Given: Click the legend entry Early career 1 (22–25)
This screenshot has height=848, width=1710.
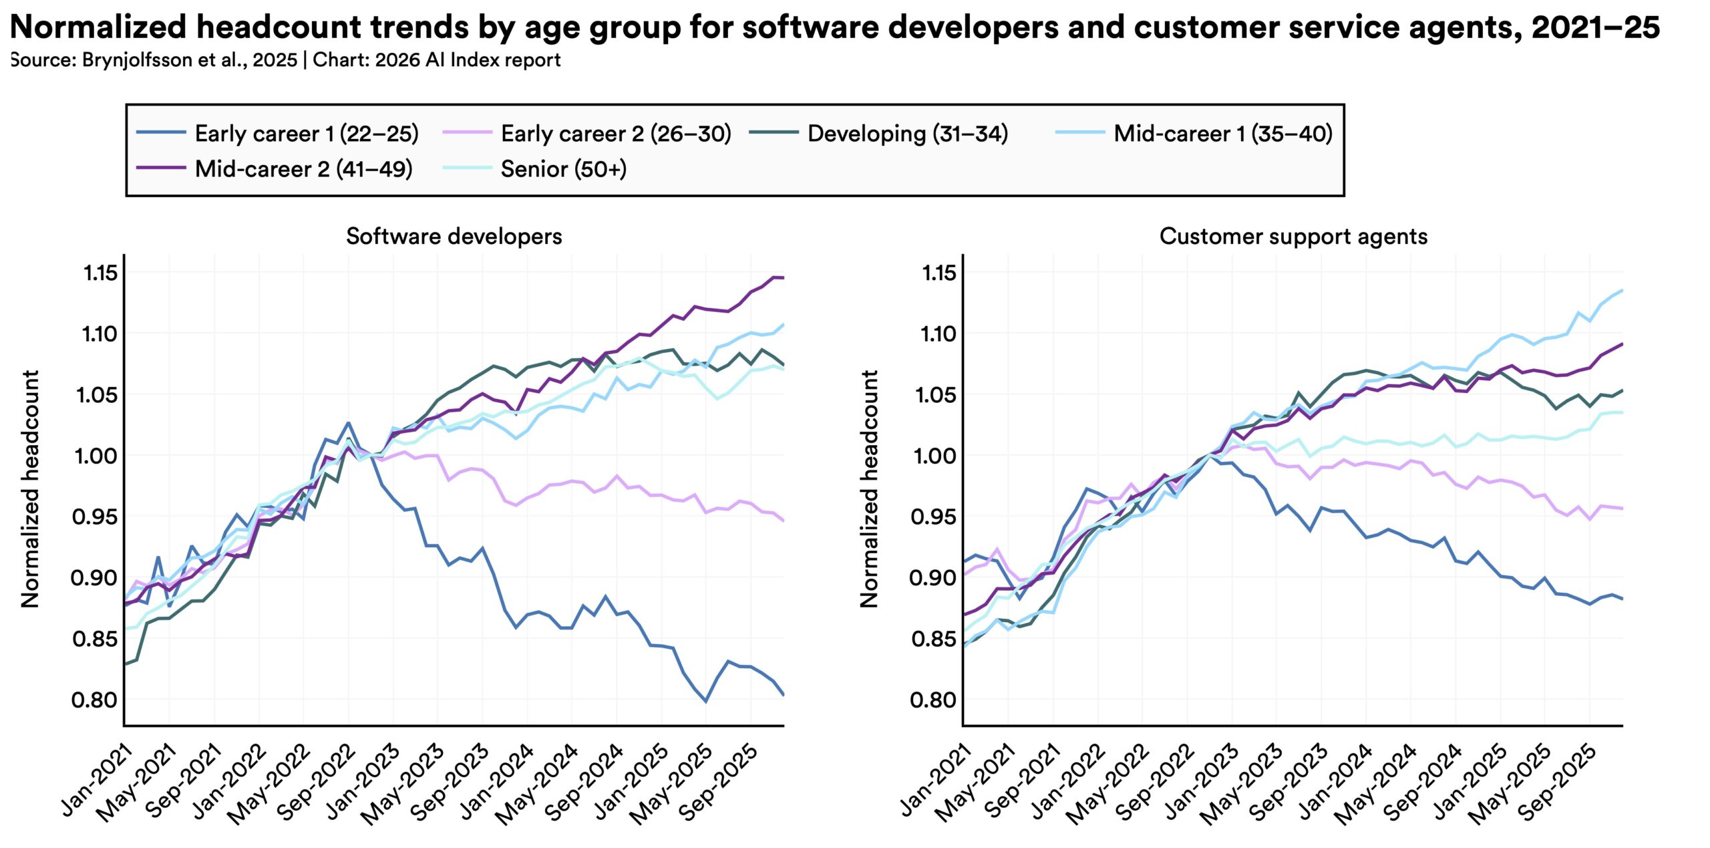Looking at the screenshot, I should (x=306, y=134).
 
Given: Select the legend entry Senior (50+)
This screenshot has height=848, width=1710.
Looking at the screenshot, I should (x=563, y=169).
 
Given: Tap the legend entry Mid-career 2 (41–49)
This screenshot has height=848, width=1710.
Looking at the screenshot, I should (x=303, y=169).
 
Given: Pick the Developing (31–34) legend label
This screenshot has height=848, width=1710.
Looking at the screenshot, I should (x=907, y=134).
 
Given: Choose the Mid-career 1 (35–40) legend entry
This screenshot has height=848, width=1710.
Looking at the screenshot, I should (x=1222, y=134).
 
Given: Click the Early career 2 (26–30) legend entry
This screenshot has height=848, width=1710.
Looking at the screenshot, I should (x=616, y=134).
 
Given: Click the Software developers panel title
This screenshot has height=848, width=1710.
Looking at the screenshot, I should (x=454, y=236).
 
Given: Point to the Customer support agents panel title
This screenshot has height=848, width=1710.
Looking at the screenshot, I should (x=1293, y=236).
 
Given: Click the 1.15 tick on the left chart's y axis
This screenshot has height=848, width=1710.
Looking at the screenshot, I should (x=100, y=273).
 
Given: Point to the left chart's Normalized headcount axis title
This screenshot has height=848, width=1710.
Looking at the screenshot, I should (x=30, y=488).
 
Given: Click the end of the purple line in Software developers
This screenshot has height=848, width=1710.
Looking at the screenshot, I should (x=783, y=277).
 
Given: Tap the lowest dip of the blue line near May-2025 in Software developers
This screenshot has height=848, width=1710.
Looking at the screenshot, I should (x=705, y=701).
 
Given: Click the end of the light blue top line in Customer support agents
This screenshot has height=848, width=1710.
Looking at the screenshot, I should (x=1622, y=290).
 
